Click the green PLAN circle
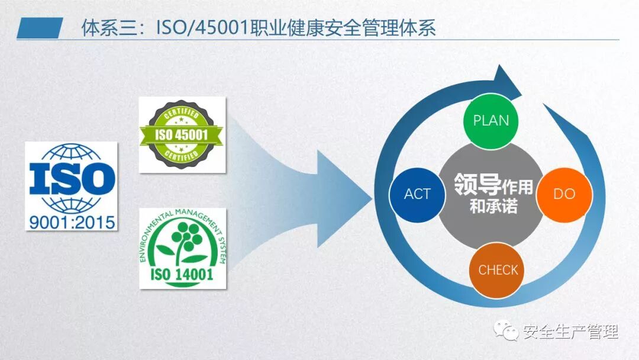point(490,120)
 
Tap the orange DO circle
point(563,194)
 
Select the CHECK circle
point(498,270)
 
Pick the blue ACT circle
point(417,194)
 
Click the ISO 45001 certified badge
point(182,135)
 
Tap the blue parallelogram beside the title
point(40,28)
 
